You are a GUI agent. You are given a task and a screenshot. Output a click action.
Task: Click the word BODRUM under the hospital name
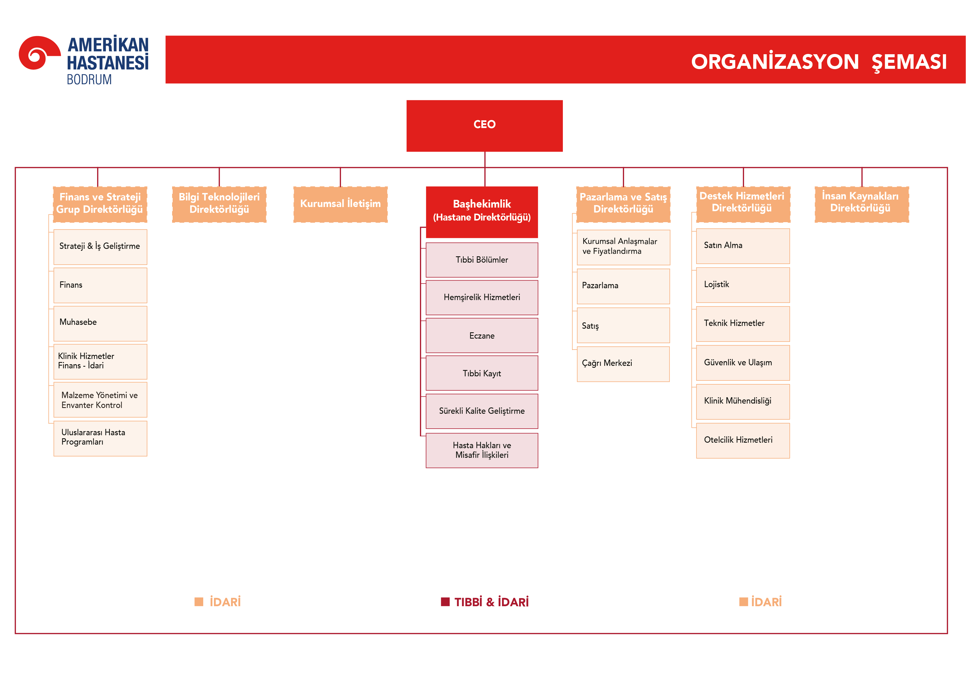point(89,80)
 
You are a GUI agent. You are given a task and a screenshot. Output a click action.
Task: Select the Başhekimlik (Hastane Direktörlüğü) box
point(482,211)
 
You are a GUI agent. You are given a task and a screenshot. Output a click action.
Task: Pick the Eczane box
point(482,336)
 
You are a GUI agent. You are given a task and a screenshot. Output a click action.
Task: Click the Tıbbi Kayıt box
point(482,373)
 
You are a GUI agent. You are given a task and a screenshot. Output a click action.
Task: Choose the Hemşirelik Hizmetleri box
point(482,297)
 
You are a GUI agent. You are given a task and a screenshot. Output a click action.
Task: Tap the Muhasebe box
point(100,323)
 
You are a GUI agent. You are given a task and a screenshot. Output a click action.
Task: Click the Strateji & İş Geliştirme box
point(100,246)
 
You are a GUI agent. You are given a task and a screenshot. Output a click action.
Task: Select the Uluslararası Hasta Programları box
point(100,438)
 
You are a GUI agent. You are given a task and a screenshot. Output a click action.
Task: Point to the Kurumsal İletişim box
point(340,204)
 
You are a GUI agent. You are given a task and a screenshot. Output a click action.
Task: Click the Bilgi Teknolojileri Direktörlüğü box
point(219,204)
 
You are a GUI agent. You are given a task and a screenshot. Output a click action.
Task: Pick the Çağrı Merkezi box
point(623,364)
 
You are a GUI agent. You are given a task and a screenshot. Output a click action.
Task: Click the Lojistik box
point(743,285)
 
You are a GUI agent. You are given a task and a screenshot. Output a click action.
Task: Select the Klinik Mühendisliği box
point(743,401)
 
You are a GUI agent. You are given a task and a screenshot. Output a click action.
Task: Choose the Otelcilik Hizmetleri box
point(743,440)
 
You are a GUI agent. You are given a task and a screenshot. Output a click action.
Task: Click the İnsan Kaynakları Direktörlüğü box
point(861,204)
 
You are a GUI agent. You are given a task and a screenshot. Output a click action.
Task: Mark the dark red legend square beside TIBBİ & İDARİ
point(445,602)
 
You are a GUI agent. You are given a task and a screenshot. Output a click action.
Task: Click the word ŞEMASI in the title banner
point(909,62)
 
